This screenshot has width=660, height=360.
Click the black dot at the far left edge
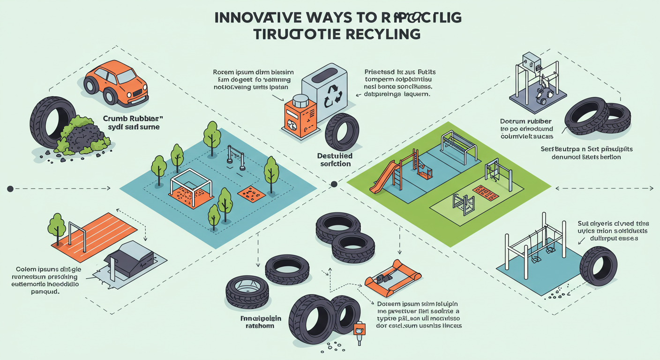[x=10, y=188]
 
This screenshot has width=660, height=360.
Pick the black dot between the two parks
[x=334, y=184]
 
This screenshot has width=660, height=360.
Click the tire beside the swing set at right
[x=598, y=266]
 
